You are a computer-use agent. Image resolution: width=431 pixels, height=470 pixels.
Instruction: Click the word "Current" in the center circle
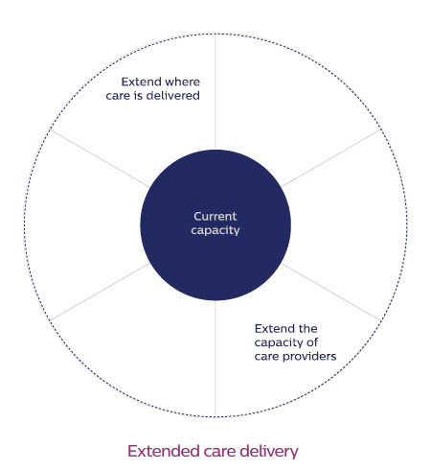pos(215,217)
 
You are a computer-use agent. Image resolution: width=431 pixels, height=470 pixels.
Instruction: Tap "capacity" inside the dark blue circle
pos(215,230)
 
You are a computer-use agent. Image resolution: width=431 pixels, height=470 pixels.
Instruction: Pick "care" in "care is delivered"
pos(118,96)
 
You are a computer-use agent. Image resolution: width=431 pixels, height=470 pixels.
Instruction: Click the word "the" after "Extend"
pos(307,329)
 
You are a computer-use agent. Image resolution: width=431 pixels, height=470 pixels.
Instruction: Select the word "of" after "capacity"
pos(312,342)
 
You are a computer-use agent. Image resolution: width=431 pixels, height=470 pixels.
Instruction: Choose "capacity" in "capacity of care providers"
pos(279,343)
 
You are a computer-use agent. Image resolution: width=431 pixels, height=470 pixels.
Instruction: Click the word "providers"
pos(309,357)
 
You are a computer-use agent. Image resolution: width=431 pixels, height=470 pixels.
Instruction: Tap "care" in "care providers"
pos(266,357)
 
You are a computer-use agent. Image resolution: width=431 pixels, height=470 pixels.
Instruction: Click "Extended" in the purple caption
pos(164,451)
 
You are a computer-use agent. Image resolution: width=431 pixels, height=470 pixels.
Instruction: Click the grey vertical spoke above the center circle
pos(215,91)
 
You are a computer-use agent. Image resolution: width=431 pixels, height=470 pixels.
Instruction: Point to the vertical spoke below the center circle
pos(215,359)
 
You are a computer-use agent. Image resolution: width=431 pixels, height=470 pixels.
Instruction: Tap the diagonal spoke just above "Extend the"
pos(331,292)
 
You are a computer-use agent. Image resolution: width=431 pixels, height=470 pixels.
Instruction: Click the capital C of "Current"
pos(197,217)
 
